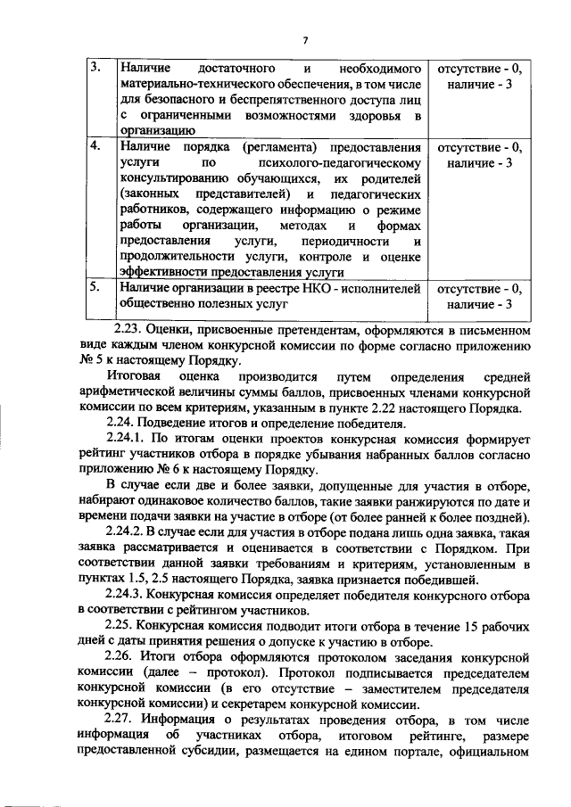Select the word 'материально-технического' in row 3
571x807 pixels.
(194, 84)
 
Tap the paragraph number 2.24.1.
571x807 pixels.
(129, 438)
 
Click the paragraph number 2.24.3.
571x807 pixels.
(129, 593)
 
